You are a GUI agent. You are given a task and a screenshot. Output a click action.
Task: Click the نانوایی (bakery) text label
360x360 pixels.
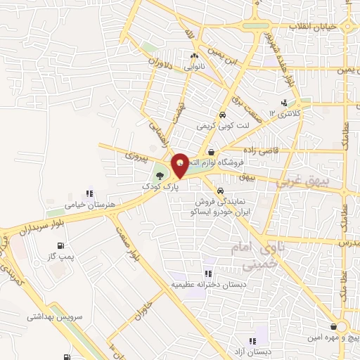[x=194, y=66]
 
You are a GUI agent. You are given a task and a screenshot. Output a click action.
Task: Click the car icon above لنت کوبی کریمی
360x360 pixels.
[x=221, y=115]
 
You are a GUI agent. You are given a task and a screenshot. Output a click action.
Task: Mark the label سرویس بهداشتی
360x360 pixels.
[x=56, y=317]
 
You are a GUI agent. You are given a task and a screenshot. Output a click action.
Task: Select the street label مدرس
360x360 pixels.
[x=349, y=243]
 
